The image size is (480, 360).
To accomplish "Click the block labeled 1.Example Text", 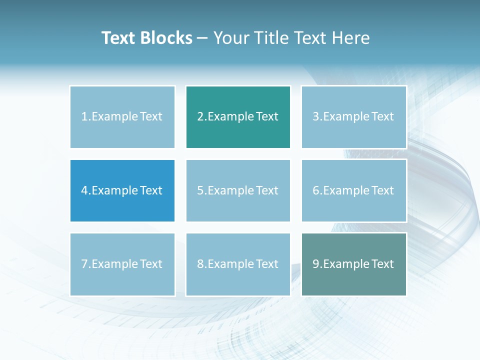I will [x=122, y=117].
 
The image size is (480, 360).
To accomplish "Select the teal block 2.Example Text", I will [x=238, y=117].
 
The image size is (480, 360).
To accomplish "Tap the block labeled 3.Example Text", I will [x=353, y=117].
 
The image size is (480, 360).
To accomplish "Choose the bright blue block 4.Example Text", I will [x=122, y=190].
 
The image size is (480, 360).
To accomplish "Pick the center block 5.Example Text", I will [x=238, y=190].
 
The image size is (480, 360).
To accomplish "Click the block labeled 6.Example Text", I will [x=353, y=190].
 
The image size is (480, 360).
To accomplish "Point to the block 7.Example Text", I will [x=122, y=264].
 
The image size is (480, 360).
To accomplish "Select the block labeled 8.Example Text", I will [x=238, y=264].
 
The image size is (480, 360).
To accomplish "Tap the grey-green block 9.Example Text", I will [x=353, y=264].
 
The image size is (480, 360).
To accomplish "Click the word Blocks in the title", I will [x=166, y=38].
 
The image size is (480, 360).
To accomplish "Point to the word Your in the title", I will [x=230, y=38].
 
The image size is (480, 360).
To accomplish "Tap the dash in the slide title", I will [x=202, y=38].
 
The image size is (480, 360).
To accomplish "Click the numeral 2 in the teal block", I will [x=200, y=117].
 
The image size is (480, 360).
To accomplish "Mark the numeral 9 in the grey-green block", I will [x=316, y=264].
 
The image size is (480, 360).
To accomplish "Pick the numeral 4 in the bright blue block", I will [x=84, y=190].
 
